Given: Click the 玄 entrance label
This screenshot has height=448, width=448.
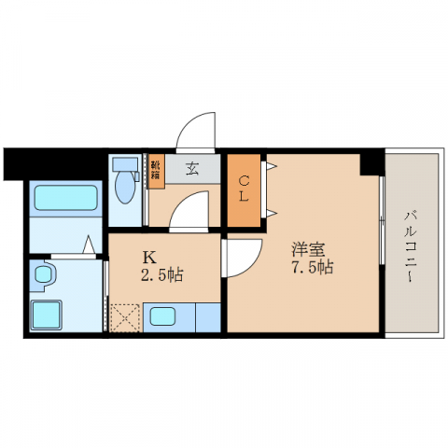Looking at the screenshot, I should coord(192,169).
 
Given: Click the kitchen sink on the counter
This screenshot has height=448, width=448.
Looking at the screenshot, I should coord(169,316).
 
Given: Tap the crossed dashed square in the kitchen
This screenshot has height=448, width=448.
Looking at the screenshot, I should coord(124,316).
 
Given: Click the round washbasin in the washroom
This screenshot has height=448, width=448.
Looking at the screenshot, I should coord(44,276).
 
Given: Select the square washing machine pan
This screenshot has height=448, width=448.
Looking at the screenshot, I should coord(49,314).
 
